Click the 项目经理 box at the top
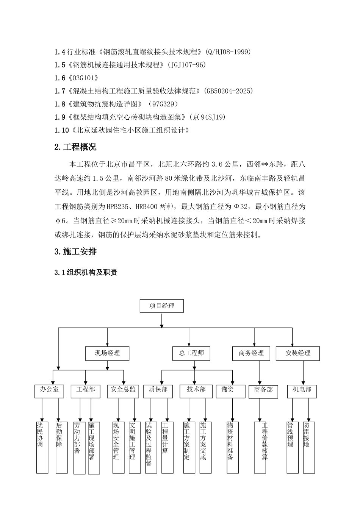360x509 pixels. (161, 306)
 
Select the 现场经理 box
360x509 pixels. (107, 353)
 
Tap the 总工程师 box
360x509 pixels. (191, 353)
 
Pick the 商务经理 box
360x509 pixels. (251, 353)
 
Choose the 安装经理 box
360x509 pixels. (298, 353)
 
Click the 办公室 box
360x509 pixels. (50, 390)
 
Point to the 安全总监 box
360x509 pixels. (123, 390)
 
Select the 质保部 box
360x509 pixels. (158, 390)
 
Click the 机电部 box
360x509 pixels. (302, 390)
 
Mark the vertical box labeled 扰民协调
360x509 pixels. (42, 447)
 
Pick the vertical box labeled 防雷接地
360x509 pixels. (309, 447)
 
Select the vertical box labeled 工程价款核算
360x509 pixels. (260, 447)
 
